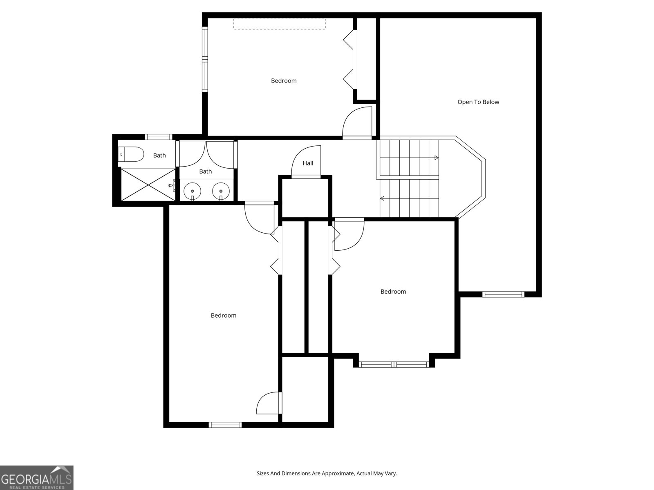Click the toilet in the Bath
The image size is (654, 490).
point(132,155)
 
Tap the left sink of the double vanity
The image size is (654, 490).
point(192,191)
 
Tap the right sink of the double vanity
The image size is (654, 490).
point(221,191)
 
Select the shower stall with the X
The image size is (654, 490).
point(148,185)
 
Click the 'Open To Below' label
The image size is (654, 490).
point(478,102)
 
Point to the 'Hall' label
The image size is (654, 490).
point(308,163)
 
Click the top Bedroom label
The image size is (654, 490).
point(284,81)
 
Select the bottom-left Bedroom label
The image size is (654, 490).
point(224,315)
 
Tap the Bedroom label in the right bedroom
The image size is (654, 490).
point(393,292)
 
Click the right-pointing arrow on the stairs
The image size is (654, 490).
point(436,158)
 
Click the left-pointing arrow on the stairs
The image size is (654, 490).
point(383,198)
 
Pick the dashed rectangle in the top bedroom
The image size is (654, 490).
point(280,24)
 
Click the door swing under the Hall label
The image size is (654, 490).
point(306,161)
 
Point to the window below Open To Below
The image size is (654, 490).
point(503,294)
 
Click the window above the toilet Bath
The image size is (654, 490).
point(159,137)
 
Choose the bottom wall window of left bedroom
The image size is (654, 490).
point(225,425)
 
